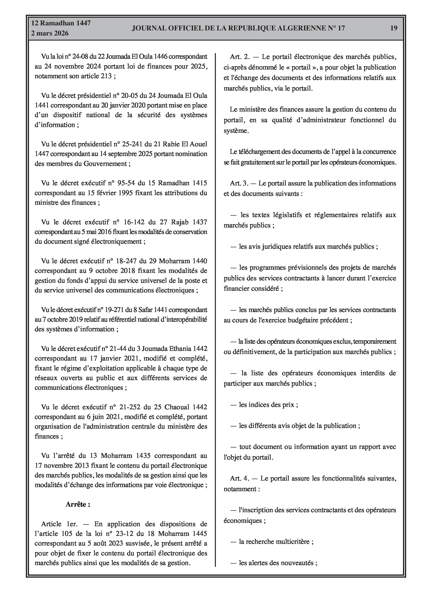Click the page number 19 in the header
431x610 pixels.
394,28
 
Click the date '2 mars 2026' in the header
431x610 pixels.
50,33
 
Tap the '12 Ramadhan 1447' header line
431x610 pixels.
61,23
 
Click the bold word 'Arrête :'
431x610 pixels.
78,504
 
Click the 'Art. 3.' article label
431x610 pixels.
239,183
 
